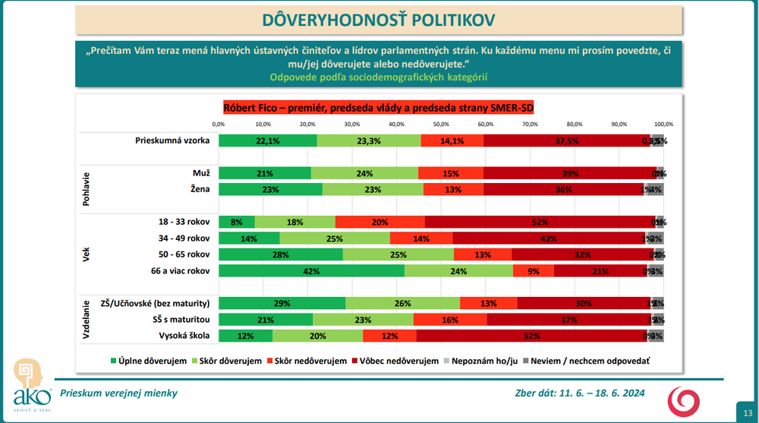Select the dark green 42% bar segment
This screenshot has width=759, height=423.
[311, 270]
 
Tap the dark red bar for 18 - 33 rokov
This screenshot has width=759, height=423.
[540, 222]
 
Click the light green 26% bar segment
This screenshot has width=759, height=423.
[402, 303]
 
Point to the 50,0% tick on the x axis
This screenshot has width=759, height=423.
[441, 124]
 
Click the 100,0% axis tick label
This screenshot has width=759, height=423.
[663, 124]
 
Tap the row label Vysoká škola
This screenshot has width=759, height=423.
[184, 336]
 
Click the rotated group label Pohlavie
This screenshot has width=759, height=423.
[86, 181]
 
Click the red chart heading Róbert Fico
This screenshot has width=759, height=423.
[379, 108]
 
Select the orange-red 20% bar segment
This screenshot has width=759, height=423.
[380, 222]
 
